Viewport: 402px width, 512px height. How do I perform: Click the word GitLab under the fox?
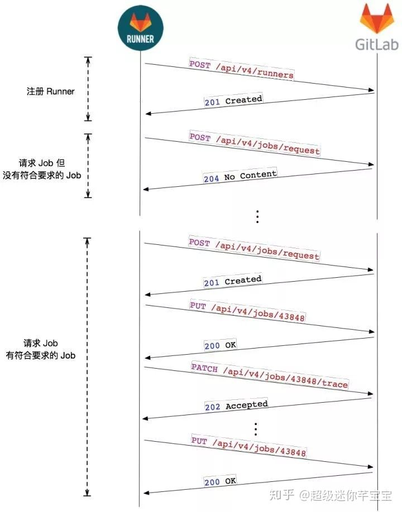pyautogui.click(x=376, y=44)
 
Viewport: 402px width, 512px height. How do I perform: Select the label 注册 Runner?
pyautogui.click(x=50, y=91)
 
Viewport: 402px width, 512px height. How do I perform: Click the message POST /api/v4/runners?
pyautogui.click(x=241, y=69)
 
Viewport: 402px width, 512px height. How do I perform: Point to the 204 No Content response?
pyautogui.click(x=240, y=176)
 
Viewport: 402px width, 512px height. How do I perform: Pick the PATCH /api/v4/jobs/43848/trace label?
pyautogui.click(x=269, y=376)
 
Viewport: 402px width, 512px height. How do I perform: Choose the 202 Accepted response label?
pyautogui.click(x=236, y=405)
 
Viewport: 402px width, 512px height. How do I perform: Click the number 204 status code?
pyautogui.click(x=211, y=179)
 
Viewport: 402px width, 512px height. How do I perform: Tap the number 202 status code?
pyautogui.click(x=213, y=407)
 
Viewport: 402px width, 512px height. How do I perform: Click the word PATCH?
pyautogui.click(x=204, y=368)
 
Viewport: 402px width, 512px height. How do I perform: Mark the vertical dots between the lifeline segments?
pyautogui.click(x=257, y=216)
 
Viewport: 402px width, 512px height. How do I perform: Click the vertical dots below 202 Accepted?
pyautogui.click(x=256, y=429)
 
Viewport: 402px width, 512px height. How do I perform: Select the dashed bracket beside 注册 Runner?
pyautogui.click(x=88, y=89)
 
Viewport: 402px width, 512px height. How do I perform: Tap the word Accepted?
pyautogui.click(x=247, y=405)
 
